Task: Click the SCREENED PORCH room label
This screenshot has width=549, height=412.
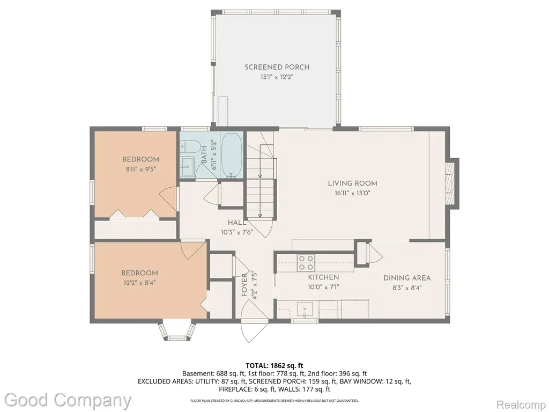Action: coord(277,67)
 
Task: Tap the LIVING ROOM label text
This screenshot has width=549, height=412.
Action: coord(352,183)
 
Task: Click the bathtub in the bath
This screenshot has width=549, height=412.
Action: coord(232,155)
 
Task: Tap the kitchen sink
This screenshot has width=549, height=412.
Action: coord(305,310)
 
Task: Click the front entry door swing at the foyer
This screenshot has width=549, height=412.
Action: coord(254,322)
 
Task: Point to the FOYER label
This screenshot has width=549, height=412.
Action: coord(244,285)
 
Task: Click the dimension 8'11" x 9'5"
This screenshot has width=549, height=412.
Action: coord(140,169)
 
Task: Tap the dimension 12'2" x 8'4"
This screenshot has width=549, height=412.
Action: coord(139,283)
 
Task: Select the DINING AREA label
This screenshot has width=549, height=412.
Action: coord(407,278)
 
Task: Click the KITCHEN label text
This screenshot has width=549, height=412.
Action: coord(323,277)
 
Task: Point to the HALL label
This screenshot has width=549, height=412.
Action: coord(237,223)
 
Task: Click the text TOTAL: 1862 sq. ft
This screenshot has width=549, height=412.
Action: coord(274,366)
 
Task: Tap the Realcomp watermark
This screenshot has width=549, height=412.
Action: coord(521,404)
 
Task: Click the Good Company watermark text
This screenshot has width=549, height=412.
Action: coord(68,400)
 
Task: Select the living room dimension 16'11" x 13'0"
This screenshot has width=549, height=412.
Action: coord(352,193)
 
